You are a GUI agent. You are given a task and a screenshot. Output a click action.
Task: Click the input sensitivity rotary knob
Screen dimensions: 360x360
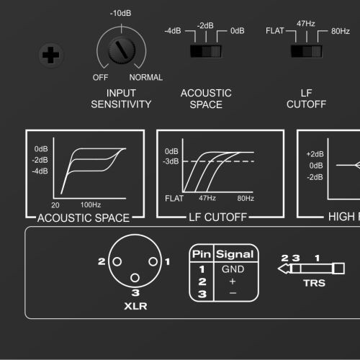tap(122, 50)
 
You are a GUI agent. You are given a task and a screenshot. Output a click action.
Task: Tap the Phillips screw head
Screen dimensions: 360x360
tap(51, 55)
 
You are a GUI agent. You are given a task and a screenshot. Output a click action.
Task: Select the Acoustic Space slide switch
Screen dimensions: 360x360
tap(206, 51)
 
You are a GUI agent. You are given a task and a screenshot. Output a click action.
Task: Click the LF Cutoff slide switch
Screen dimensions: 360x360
tap(307, 51)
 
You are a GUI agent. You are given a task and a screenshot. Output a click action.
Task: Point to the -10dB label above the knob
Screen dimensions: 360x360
tap(120, 13)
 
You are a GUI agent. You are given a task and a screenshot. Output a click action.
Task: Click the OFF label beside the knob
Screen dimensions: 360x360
tap(100, 78)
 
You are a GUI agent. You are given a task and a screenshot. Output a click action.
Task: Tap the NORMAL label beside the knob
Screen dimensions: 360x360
tap(146, 77)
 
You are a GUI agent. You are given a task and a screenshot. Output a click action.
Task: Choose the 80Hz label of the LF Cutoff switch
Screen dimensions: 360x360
tap(341, 31)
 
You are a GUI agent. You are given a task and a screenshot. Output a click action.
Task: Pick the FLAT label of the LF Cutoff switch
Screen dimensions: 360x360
tap(275, 31)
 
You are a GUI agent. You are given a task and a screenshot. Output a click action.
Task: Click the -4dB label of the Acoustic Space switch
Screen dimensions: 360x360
tap(173, 31)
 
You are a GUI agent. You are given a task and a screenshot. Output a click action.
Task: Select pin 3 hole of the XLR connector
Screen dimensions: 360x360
tap(135, 278)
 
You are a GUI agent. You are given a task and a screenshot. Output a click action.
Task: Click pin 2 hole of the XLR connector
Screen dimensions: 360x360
tap(117, 261)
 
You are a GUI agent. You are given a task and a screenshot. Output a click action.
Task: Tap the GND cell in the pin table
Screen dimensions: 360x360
tap(233, 269)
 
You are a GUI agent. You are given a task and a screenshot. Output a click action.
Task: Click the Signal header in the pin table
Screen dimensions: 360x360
tap(235, 254)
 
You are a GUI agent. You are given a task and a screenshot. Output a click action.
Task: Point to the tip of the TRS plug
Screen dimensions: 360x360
tap(279, 269)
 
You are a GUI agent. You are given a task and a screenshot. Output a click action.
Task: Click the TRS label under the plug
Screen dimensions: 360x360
tap(314, 283)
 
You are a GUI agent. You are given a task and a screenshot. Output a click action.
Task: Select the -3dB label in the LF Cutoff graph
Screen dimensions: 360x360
tap(171, 161)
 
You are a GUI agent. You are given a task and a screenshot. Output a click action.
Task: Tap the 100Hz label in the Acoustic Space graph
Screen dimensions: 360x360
tap(91, 204)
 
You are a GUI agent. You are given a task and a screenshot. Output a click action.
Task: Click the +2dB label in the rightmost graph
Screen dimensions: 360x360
tap(315, 154)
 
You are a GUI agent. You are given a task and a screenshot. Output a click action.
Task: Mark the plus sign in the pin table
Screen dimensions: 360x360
tap(233, 282)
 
